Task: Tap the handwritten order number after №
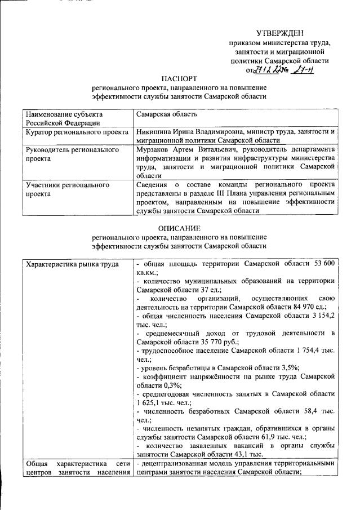pyautogui.click(x=306, y=70)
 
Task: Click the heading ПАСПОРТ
pyautogui.click(x=180, y=78)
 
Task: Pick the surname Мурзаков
pyautogui.click(x=155, y=150)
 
